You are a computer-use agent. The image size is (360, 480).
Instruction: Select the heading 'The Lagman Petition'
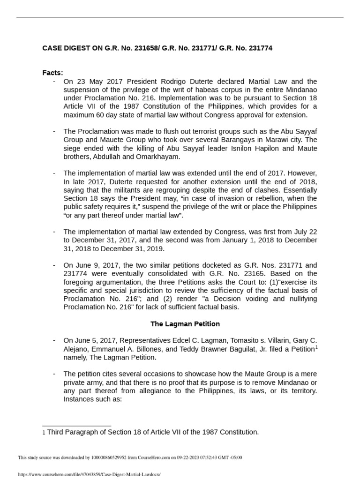[x=185, y=324]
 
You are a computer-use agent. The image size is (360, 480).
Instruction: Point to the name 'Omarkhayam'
[x=152, y=157]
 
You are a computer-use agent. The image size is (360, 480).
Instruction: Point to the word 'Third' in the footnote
[x=56, y=432]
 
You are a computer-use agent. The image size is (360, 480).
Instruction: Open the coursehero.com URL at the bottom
[x=89, y=474]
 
